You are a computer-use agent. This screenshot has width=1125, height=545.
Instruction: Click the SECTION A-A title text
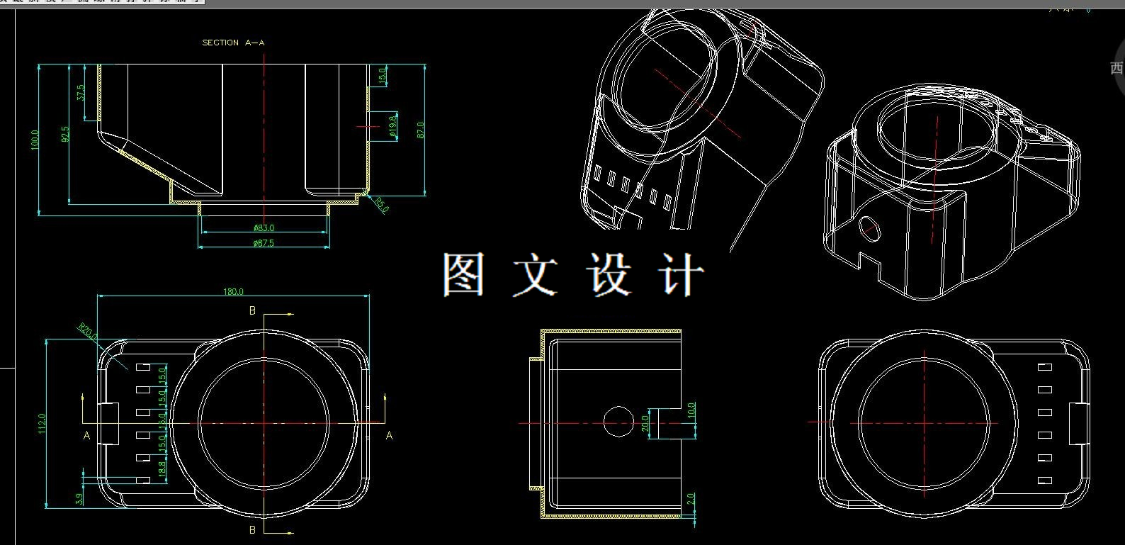tap(233, 43)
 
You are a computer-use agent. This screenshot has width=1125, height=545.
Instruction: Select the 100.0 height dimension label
tap(35, 139)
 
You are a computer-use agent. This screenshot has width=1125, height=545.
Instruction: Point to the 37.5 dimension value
tap(80, 92)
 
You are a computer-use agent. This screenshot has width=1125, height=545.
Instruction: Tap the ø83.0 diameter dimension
tap(264, 228)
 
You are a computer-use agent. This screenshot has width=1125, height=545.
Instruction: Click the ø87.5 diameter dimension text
tap(264, 243)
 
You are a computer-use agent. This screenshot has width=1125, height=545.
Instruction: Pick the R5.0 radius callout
tap(382, 205)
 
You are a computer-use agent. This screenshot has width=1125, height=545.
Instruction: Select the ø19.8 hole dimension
tap(392, 125)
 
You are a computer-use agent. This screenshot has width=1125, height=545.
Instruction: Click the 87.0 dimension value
tap(420, 130)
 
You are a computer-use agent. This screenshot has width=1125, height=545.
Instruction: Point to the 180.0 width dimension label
tap(233, 291)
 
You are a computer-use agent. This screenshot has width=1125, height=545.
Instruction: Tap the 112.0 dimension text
tap(42, 423)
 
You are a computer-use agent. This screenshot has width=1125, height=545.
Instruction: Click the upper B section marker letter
tap(252, 311)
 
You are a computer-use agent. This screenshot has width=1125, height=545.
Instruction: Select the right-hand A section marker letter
tap(389, 436)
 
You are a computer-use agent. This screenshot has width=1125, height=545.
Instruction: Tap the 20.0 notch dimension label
tap(645, 423)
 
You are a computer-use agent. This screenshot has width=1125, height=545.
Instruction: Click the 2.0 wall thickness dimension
tap(691, 500)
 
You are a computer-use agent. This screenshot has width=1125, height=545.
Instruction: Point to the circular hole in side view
tap(618, 421)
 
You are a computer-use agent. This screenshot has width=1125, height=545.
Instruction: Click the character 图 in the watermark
tap(464, 274)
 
